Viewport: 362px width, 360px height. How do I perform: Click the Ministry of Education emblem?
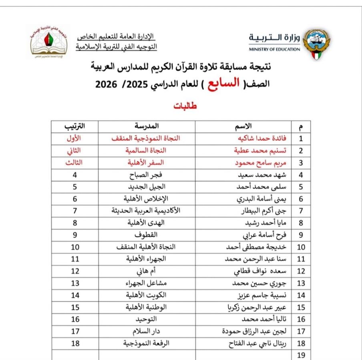[x=316, y=43]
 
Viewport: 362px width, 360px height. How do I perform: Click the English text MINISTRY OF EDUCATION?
[x=274, y=50]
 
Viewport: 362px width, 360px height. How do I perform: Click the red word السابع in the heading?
[x=225, y=83]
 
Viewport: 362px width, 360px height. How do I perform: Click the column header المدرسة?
[x=146, y=126]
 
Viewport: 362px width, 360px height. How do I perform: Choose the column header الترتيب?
[x=74, y=126]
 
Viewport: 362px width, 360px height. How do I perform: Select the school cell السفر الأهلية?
[x=145, y=163]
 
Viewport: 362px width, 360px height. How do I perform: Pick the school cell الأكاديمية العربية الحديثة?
[x=145, y=211]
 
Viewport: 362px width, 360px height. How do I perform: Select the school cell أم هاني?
[x=145, y=271]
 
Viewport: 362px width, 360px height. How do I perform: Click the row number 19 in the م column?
[x=301, y=355]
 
